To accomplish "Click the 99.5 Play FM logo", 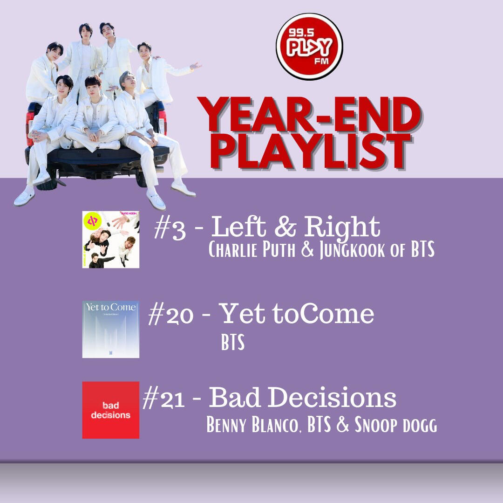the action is click(x=309, y=47).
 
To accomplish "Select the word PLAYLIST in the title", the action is click(x=311, y=152).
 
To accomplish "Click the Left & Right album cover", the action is click(x=111, y=240).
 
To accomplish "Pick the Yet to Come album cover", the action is click(x=111, y=329).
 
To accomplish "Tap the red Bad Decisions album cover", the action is click(x=111, y=410).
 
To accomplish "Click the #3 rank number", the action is click(x=170, y=228).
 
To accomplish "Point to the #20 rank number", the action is click(x=170, y=314).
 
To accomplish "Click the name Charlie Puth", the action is click(x=252, y=249).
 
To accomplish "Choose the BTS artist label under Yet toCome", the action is click(x=232, y=342).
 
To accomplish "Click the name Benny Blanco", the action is click(x=252, y=424).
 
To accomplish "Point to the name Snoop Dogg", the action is click(x=395, y=425).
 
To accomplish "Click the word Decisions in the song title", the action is click(x=332, y=397).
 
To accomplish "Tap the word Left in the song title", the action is click(x=238, y=227).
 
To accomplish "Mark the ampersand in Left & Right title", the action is click(x=285, y=227).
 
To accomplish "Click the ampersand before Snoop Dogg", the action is click(x=343, y=424).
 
